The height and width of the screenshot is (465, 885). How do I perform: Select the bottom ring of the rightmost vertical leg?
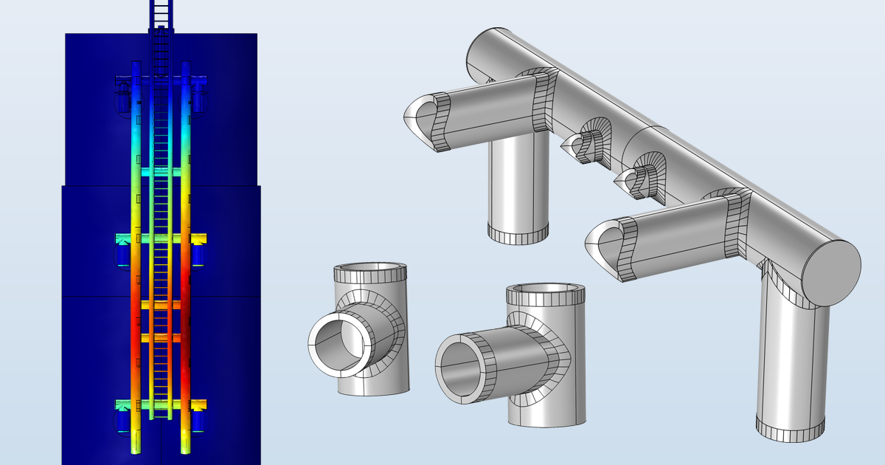pos(790,427)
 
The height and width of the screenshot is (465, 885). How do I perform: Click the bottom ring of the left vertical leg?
pos(518,234)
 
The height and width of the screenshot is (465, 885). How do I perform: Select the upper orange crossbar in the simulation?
pos(161,304)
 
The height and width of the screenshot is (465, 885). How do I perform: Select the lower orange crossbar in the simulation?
pos(161,337)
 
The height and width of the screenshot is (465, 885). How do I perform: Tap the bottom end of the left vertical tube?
pos(136,446)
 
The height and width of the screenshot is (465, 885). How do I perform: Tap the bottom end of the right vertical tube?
pos(185,446)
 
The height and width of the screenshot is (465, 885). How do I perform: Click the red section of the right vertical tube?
pos(185,310)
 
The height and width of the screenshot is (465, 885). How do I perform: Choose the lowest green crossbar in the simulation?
pos(161,404)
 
